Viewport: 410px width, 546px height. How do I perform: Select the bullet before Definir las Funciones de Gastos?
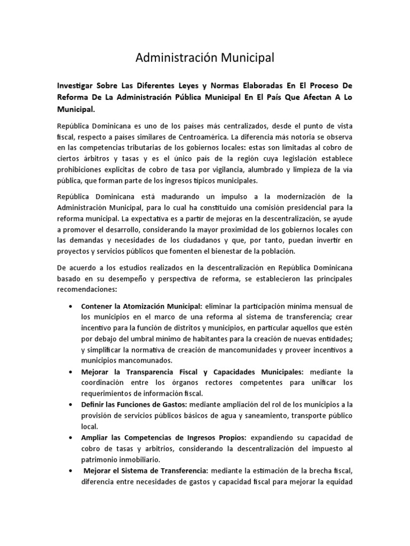point(72,405)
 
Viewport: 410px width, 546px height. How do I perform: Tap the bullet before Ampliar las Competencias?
point(72,438)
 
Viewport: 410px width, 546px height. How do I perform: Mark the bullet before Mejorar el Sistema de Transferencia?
point(72,471)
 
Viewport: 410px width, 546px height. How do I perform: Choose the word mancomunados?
point(141,361)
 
